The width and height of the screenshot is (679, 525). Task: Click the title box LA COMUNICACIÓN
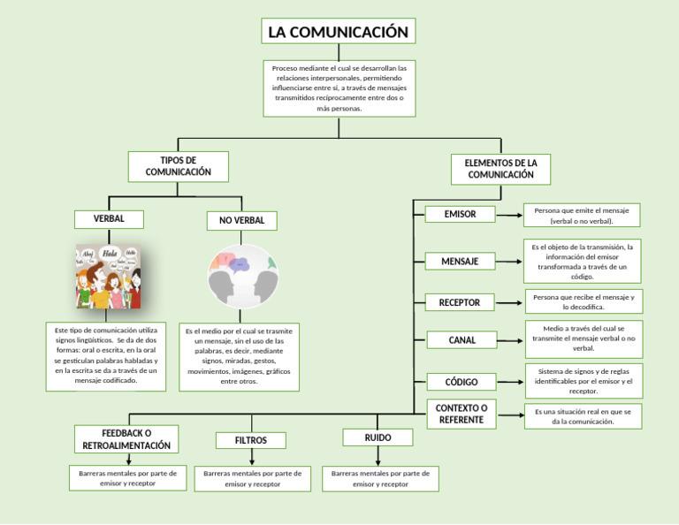pyautogui.click(x=339, y=32)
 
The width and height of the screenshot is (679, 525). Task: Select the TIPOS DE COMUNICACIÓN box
pyautogui.click(x=178, y=166)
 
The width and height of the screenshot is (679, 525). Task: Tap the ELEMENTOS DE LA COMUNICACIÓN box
pyautogui.click(x=500, y=169)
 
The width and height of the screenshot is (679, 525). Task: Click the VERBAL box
pyautogui.click(x=109, y=218)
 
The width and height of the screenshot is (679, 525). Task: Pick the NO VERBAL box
pyautogui.click(x=241, y=220)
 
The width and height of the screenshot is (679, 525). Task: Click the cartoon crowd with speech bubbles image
pyautogui.click(x=108, y=276)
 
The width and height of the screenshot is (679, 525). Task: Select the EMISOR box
pyautogui.click(x=460, y=214)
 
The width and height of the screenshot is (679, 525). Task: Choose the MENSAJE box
pyautogui.click(x=460, y=261)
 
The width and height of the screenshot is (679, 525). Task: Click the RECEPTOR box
pyautogui.click(x=460, y=302)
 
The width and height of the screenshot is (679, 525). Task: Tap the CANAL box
pyautogui.click(x=462, y=339)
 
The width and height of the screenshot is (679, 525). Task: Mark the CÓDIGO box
pyautogui.click(x=462, y=382)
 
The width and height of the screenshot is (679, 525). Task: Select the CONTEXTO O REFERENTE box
pyautogui.click(x=461, y=414)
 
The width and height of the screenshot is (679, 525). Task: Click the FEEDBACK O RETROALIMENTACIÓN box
pyautogui.click(x=126, y=439)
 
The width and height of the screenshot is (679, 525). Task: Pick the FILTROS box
pyautogui.click(x=251, y=440)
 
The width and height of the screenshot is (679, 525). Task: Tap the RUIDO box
pyautogui.click(x=378, y=437)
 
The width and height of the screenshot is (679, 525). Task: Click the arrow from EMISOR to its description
pyautogui.click(x=508, y=215)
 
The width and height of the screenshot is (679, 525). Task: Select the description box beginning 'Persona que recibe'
pyautogui.click(x=584, y=302)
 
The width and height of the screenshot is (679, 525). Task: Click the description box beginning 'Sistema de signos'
pyautogui.click(x=584, y=381)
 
